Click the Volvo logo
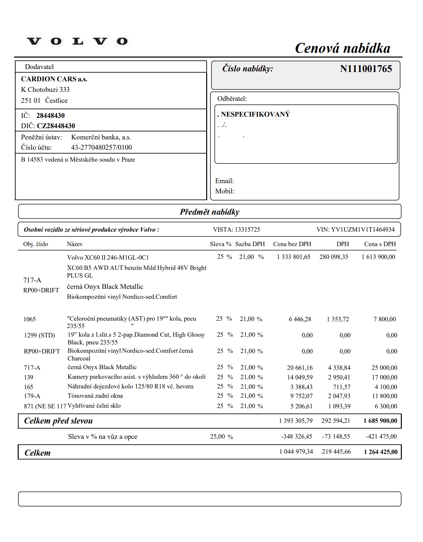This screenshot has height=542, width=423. point(77,41)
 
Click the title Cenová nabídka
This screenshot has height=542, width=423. point(342,48)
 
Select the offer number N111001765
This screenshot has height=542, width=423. point(366,69)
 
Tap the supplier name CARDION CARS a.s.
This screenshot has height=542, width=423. point(54,79)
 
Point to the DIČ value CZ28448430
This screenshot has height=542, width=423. point(56,126)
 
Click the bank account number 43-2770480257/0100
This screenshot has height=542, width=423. point(101,147)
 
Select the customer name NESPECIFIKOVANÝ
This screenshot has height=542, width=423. point(255,114)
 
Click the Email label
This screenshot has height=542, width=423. point(225,181)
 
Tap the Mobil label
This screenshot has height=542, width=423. point(225,191)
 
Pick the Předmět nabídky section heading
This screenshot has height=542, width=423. point(209,212)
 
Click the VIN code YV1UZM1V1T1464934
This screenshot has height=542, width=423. point(363,229)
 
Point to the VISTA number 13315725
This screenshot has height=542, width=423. point(247,229)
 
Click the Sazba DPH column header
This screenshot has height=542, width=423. point(250,244)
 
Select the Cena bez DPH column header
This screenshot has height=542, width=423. point(292,244)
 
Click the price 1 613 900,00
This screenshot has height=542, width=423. point(378,257)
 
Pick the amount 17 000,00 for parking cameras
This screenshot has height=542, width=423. point(384,378)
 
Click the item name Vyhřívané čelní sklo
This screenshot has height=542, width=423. point(94,406)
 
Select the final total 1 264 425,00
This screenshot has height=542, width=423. point(381,452)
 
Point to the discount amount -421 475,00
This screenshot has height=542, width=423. point(381,437)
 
